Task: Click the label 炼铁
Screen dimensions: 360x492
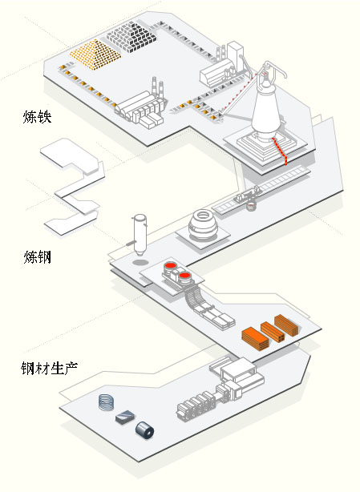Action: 37,116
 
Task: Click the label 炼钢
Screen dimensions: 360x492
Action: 38,257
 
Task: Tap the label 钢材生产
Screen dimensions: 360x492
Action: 49,368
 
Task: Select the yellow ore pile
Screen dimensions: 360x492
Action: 95,54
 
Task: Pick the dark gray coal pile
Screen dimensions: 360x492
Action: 131,36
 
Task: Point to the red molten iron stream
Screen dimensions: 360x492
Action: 280,151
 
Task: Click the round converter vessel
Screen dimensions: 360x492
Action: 202,224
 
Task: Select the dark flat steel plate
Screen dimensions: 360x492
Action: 125,417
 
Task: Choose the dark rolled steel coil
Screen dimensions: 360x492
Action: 144,430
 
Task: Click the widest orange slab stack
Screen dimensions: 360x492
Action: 255,339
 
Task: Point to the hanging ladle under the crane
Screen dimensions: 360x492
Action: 251,207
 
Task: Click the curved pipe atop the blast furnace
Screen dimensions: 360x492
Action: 275,69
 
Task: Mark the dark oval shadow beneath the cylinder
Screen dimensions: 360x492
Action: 140,262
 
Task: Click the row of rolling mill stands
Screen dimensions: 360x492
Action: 196,405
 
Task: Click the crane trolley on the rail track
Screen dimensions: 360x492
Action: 248,195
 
